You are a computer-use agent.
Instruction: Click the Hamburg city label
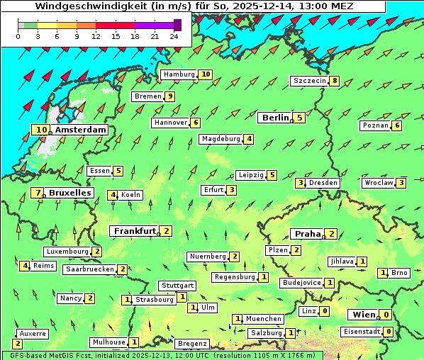coord(179,74)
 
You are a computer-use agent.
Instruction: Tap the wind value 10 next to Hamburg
coord(206,74)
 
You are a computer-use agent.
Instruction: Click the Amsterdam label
coord(80,130)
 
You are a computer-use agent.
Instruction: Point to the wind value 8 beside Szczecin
coord(335,81)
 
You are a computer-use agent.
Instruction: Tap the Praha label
coord(308,234)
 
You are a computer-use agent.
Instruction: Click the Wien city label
coord(362,315)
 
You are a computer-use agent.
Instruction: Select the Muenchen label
coord(264,319)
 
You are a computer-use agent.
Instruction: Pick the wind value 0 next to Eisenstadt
coord(389,331)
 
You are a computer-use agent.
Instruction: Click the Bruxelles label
coord(69,193)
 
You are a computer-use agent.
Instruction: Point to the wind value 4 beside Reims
coord(25,266)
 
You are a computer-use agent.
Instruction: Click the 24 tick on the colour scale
coord(174,35)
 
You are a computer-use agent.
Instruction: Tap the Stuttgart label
coord(177,286)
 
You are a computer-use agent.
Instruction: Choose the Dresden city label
coord(323,183)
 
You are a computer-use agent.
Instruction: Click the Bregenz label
coord(192,344)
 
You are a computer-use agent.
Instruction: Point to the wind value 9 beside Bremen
coord(170,96)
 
